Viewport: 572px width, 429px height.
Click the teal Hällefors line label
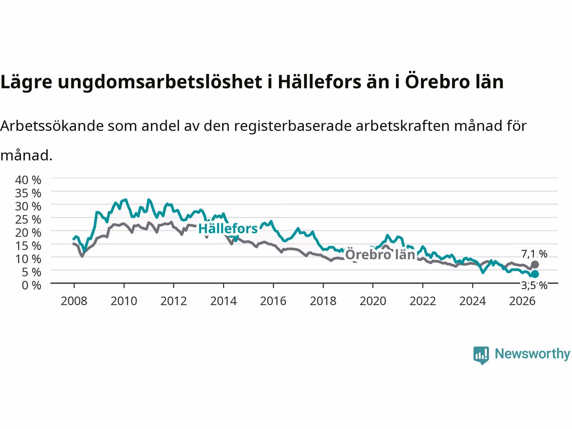point(228,228)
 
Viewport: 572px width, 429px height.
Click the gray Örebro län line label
point(380,254)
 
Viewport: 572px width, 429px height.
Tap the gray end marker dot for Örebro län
point(535,265)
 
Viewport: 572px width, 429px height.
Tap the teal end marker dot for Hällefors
point(535,274)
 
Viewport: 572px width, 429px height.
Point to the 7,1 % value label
point(534,254)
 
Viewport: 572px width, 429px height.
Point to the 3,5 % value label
point(534,286)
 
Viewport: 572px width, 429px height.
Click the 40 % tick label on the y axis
point(28,180)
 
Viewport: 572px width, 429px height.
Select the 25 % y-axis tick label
point(28,219)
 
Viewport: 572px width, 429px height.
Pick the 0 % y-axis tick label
point(32,286)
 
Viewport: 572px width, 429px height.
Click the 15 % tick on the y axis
point(28,246)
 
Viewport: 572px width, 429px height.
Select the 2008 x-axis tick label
point(74,301)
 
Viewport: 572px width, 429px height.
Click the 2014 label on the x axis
point(223,301)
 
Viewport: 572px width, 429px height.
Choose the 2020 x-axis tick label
point(373,301)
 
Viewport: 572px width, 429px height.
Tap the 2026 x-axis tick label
point(522,301)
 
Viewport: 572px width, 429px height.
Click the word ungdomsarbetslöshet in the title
point(160,82)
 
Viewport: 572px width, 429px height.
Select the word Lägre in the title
point(26,82)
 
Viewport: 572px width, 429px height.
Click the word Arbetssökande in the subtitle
point(52,126)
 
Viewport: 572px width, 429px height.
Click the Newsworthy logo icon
point(481,355)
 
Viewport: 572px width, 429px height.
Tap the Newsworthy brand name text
point(532,354)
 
